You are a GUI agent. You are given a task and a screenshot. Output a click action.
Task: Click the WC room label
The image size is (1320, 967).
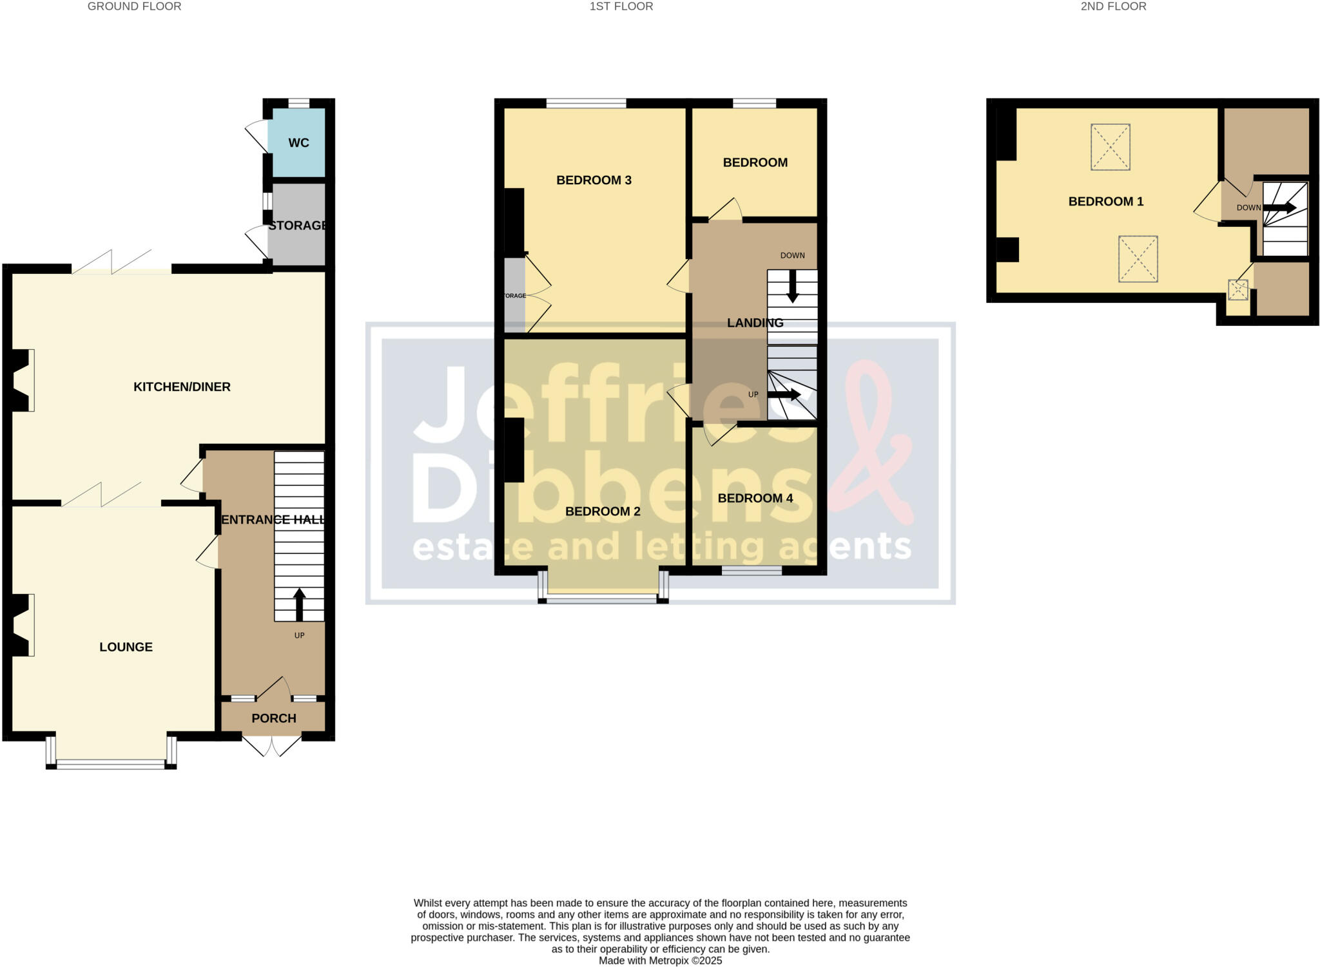pos(298,143)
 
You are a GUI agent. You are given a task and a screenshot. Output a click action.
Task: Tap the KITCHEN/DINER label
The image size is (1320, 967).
pos(182,387)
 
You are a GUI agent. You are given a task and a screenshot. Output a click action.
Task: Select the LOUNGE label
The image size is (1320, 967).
pos(126,647)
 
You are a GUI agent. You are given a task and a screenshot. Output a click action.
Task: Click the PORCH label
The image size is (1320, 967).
pos(274,718)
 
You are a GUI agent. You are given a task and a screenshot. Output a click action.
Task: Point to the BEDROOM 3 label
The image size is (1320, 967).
pos(594,180)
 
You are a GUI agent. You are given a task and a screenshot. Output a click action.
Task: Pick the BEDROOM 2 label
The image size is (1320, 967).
pos(603,512)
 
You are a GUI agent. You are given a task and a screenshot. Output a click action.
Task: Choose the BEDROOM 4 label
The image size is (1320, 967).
pos(755,498)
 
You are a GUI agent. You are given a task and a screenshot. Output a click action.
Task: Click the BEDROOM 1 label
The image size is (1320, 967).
pos(1106,202)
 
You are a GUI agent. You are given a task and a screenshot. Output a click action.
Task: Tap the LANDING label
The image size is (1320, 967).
pos(755,323)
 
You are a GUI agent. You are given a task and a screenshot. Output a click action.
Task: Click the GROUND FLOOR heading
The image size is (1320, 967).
pos(134,6)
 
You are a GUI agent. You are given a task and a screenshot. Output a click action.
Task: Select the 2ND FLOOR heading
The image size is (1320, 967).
pos(1114,6)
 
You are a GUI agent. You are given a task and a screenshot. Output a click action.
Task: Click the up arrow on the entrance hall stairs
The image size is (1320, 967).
pos(299,603)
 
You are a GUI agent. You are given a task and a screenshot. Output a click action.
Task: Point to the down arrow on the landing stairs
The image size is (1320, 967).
pos(793,286)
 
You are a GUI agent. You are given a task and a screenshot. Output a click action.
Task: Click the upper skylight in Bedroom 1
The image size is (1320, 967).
pos(1110,147)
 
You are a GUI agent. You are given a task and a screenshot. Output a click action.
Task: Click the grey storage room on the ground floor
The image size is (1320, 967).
pos(296,238)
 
